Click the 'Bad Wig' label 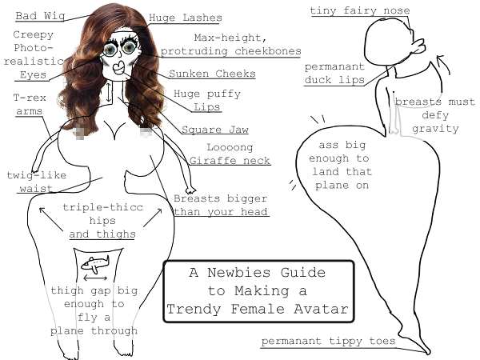click(x=40, y=16)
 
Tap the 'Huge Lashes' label click(x=186, y=18)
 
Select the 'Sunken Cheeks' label click(x=212, y=74)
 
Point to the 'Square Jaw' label click(x=214, y=130)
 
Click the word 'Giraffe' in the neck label click(x=209, y=161)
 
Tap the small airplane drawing click(x=95, y=264)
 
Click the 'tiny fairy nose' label click(x=360, y=10)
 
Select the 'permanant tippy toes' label click(x=328, y=341)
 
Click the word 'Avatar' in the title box click(x=321, y=309)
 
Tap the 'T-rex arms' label click(x=30, y=104)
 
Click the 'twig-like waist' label click(x=37, y=182)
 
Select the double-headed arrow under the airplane click(x=95, y=278)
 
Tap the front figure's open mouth click(x=118, y=66)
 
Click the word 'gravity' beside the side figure click(x=435, y=129)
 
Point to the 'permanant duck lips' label click(x=334, y=73)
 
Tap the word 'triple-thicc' click(x=102, y=207)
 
